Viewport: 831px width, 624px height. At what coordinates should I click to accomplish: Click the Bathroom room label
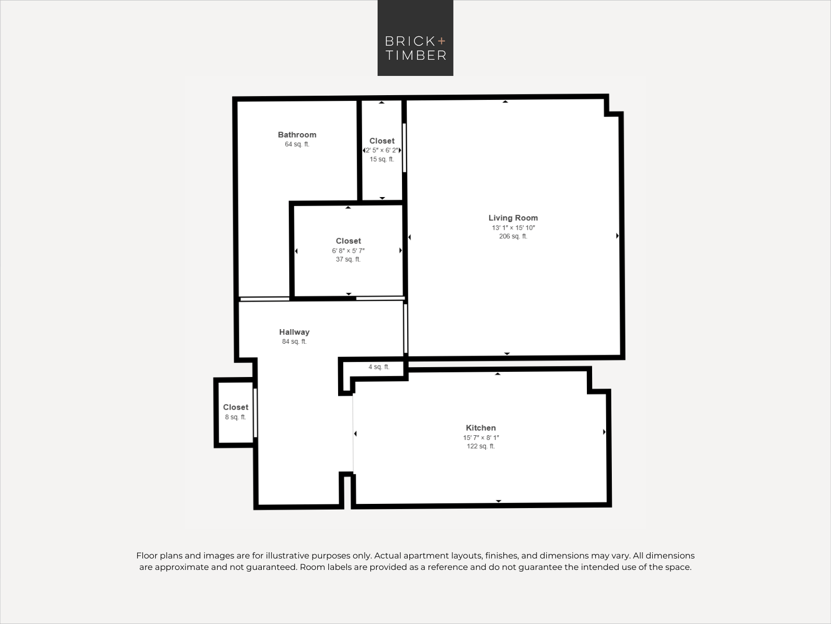(x=297, y=135)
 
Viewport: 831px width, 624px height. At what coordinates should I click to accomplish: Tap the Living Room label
(x=513, y=218)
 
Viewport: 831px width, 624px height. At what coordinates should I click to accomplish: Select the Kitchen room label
(x=481, y=428)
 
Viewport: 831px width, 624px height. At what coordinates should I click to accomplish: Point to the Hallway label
(x=294, y=332)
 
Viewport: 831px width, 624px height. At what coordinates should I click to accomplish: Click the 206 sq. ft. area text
(x=513, y=236)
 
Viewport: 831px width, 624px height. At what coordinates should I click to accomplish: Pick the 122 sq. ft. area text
(x=481, y=446)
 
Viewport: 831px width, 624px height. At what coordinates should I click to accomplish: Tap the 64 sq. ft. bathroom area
(x=297, y=145)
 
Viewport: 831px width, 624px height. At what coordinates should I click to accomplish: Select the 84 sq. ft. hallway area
(x=294, y=342)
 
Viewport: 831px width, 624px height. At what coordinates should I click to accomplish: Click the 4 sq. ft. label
(x=379, y=367)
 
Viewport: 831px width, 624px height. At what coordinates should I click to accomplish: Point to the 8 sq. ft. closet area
(x=235, y=417)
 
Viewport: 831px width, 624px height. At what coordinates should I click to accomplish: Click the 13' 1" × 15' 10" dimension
(x=513, y=228)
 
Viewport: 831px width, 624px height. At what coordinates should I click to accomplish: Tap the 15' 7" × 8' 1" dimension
(x=481, y=438)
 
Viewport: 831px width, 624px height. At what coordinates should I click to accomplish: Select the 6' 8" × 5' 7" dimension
(x=349, y=251)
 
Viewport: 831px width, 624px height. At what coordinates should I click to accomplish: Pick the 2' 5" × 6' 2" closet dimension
(x=382, y=150)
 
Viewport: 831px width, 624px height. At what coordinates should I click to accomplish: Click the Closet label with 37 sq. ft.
(x=349, y=241)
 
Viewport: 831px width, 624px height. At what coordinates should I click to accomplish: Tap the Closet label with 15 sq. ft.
(x=382, y=141)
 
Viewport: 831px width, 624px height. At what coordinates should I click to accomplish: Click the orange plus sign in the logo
(x=441, y=41)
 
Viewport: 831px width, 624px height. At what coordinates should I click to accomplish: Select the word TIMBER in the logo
(x=416, y=55)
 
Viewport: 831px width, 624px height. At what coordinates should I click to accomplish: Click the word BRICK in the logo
(x=410, y=41)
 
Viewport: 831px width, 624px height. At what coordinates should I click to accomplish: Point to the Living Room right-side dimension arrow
(x=618, y=236)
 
